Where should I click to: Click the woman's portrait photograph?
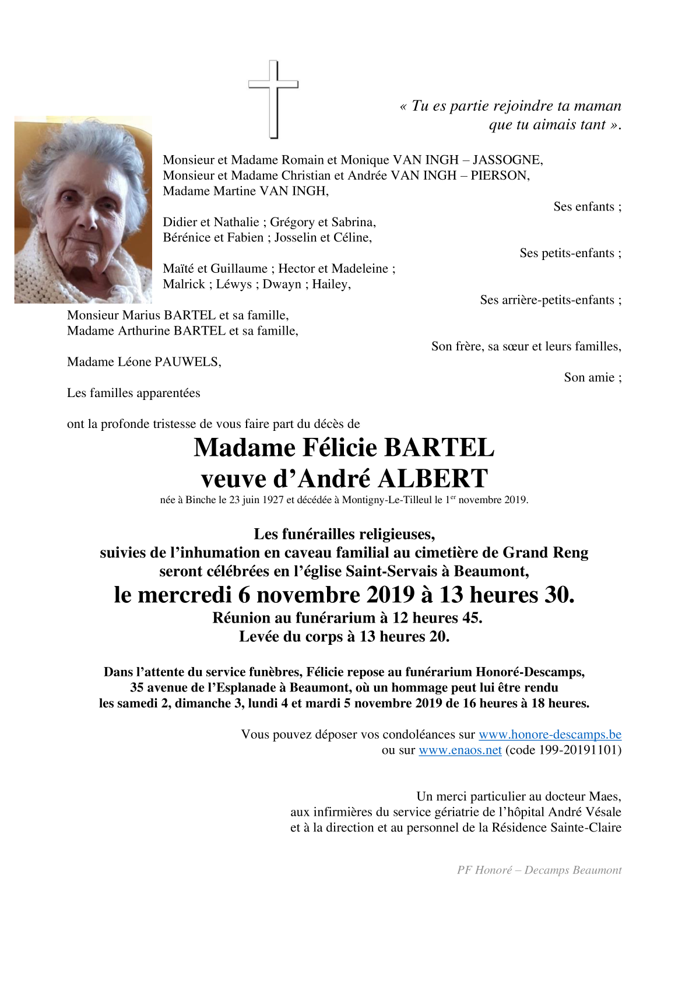tap(83, 210)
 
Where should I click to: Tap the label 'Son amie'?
tap(589, 378)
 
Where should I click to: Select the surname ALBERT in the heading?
tap(433, 479)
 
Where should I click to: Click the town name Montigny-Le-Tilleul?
tap(386, 500)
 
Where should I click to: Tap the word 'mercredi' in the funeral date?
tap(184, 595)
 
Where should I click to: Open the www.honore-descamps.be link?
tap(550, 735)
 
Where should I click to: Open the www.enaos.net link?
tap(460, 750)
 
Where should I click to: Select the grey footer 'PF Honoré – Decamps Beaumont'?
tap(539, 870)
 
